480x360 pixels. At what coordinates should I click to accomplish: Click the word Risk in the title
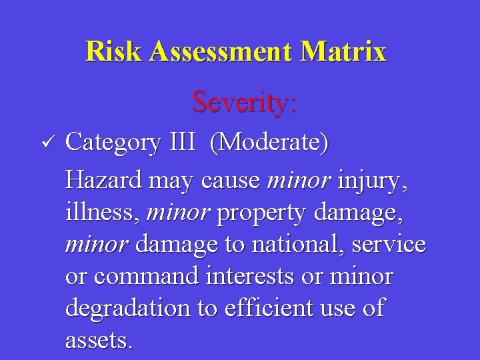pyautogui.click(x=113, y=51)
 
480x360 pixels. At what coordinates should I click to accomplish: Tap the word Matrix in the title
pyautogui.click(x=343, y=51)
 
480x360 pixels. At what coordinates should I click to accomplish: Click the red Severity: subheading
pyautogui.click(x=244, y=102)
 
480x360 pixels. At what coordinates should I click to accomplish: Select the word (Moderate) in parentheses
pyautogui.click(x=269, y=142)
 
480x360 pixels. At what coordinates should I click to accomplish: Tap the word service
pyautogui.click(x=390, y=244)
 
